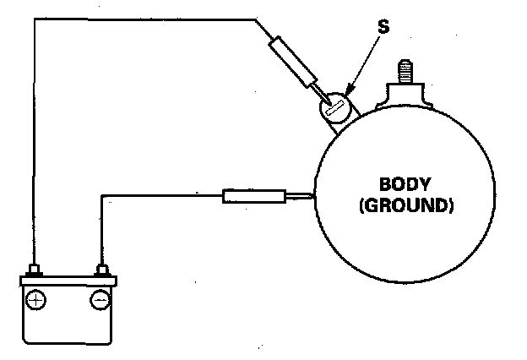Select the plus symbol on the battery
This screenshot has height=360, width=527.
tap(36, 299)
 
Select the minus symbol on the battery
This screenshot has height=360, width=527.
tap(100, 299)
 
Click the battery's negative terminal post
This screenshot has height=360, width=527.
tap(102, 270)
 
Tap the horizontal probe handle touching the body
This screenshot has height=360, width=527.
tap(253, 197)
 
